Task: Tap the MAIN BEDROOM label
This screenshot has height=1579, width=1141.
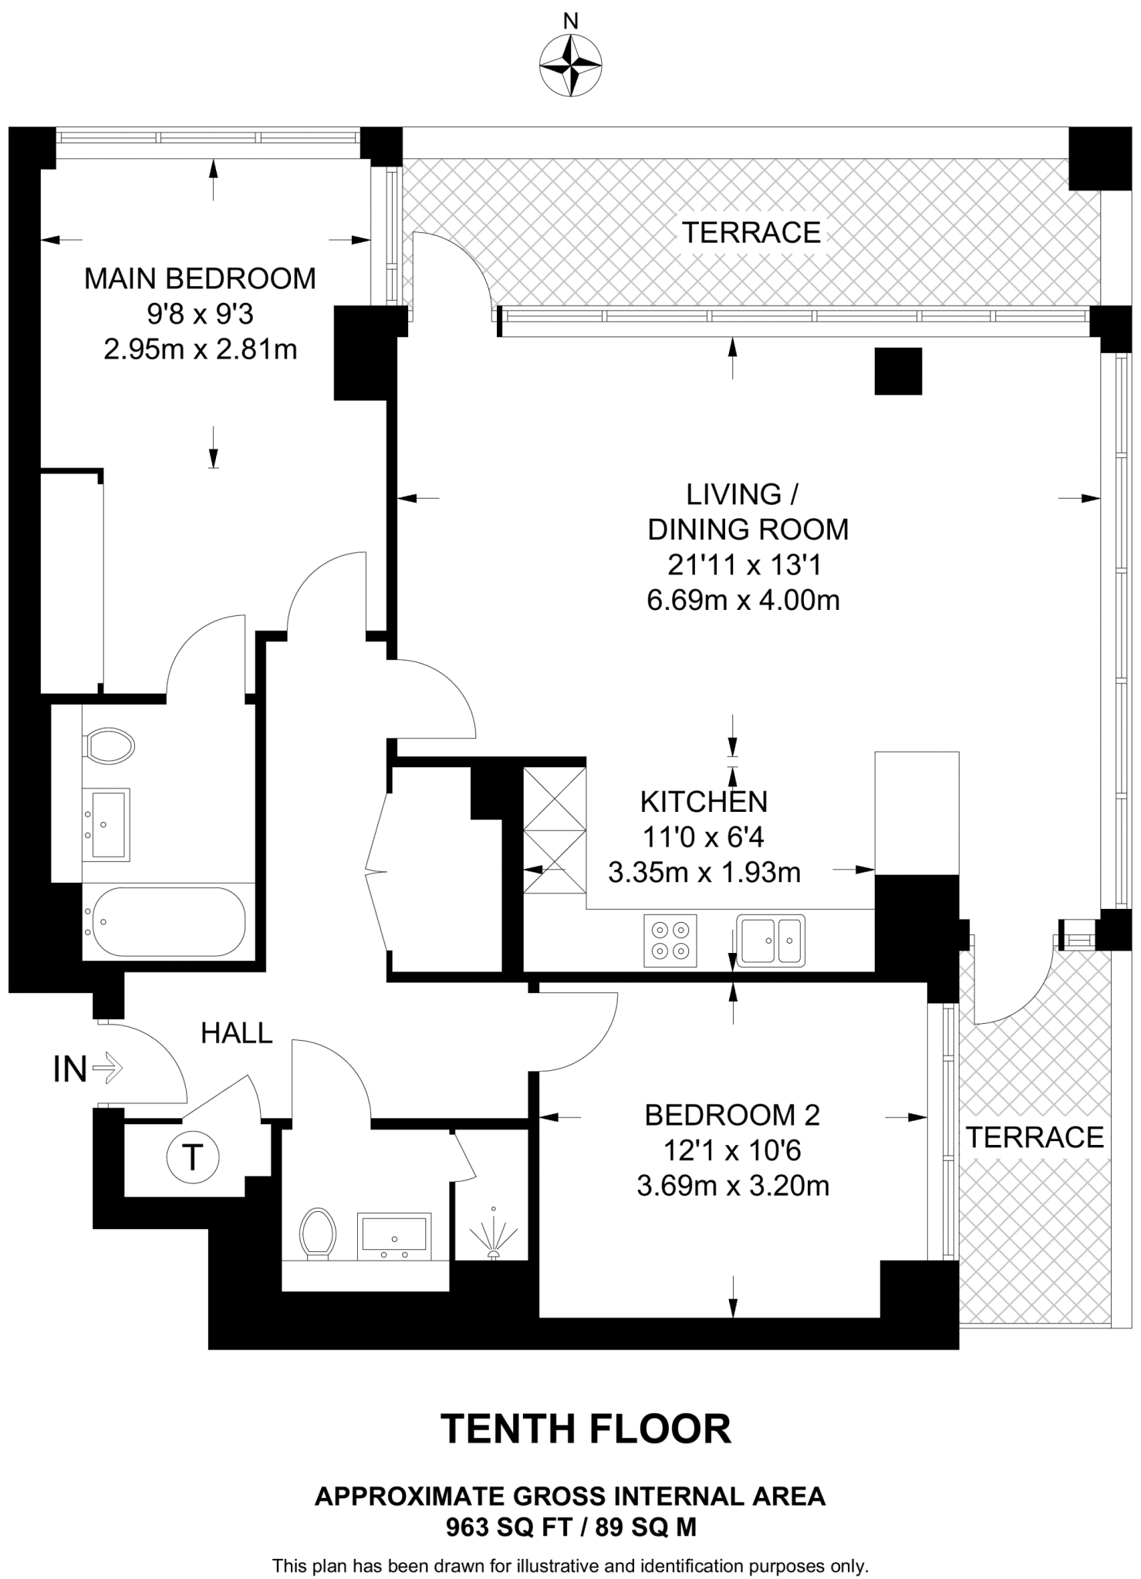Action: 200,278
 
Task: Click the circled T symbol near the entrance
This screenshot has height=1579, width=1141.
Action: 193,1157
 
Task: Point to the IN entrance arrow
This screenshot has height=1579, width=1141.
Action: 106,1069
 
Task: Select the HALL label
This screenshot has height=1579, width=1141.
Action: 236,1033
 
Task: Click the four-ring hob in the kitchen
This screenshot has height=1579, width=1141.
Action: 670,941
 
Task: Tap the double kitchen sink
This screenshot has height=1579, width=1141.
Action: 770,941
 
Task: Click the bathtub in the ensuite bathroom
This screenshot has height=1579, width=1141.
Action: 164,921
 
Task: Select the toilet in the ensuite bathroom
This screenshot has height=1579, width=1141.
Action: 109,746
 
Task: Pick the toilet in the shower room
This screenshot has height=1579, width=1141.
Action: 318,1233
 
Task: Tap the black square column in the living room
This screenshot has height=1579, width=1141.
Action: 898,371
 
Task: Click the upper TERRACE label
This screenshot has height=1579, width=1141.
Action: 751,232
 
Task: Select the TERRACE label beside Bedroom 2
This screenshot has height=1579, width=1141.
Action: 1035,1137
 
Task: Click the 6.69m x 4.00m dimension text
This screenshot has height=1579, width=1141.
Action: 742,601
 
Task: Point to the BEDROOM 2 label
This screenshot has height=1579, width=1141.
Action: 731,1115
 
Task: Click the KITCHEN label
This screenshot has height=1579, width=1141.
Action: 704,802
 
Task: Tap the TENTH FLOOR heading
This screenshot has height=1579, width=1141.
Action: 585,1429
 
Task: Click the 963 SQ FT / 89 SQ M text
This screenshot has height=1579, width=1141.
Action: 571,1527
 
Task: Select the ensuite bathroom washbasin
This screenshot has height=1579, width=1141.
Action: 106,824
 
